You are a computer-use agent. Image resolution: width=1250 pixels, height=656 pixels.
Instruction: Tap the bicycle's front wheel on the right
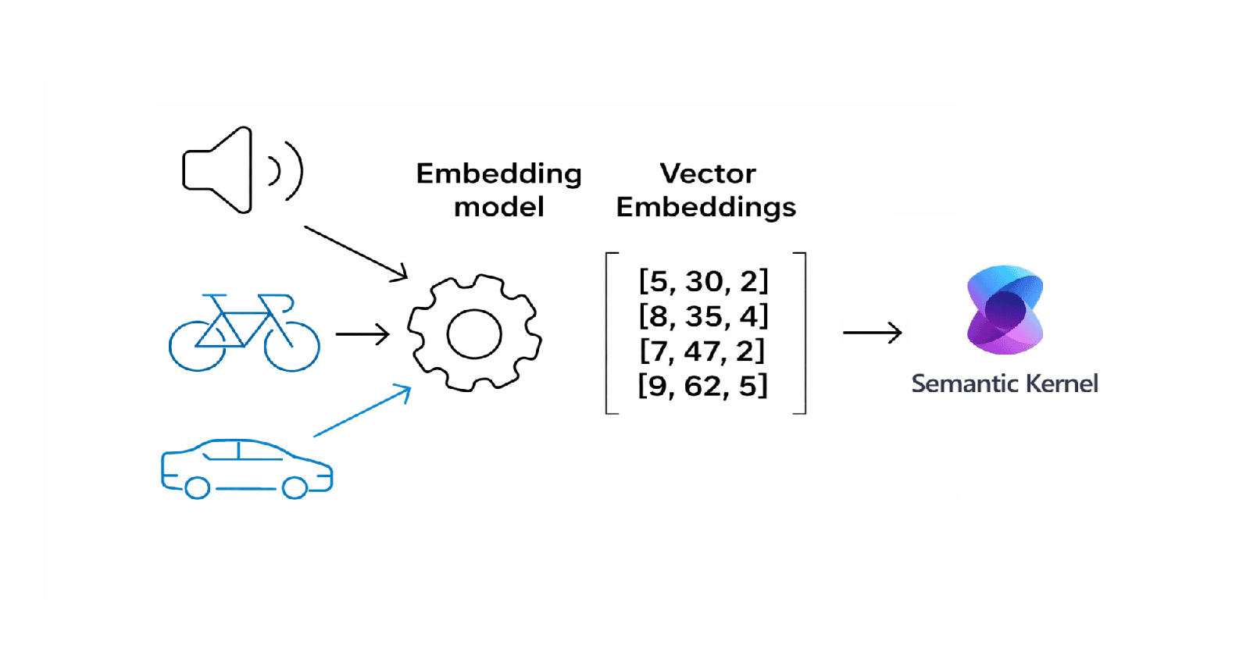292,345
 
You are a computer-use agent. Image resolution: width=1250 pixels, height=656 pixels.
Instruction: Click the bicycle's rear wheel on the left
197,345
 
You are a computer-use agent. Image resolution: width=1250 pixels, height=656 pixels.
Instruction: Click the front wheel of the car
295,488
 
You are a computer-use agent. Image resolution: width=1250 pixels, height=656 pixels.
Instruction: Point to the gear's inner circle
474,333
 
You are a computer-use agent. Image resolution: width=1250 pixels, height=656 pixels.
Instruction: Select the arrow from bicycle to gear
362,334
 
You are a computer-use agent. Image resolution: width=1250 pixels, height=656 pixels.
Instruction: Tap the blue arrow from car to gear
362,411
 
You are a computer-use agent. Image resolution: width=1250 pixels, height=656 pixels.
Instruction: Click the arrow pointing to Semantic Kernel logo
872,333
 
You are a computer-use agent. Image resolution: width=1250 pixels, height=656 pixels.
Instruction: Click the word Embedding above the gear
498,173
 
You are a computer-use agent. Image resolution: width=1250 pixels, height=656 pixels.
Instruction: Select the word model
498,207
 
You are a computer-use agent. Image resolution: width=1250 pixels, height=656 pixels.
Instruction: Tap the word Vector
707,173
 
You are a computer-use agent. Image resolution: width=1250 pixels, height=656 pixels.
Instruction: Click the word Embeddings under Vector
705,207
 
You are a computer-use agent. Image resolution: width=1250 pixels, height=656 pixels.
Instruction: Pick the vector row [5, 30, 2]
703,281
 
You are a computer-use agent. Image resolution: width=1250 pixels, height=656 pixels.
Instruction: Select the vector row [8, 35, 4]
703,316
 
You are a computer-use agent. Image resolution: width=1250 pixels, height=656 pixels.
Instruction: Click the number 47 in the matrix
702,351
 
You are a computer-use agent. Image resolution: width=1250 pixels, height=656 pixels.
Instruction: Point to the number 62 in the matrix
702,386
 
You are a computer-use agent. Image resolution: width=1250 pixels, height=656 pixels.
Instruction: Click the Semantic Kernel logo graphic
1005,310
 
